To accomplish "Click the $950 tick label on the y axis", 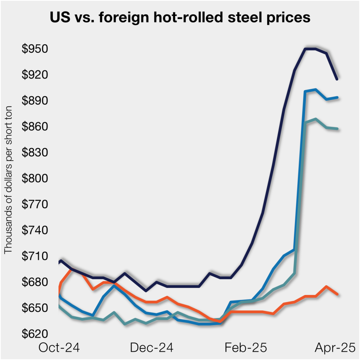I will tap(35, 49).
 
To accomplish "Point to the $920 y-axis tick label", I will tap(35, 75).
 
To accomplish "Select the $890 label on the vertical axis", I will tap(35, 101).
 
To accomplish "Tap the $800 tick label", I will tap(35, 179).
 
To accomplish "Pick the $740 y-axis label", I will tap(35, 230).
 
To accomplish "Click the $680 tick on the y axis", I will tap(35, 282).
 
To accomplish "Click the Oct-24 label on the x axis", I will tap(59, 348).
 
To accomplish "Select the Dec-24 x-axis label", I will tap(152, 348).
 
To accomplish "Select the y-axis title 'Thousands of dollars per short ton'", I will tap(8, 179).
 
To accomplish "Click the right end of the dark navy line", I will tap(337, 79).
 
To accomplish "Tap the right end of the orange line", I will tap(337, 294).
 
